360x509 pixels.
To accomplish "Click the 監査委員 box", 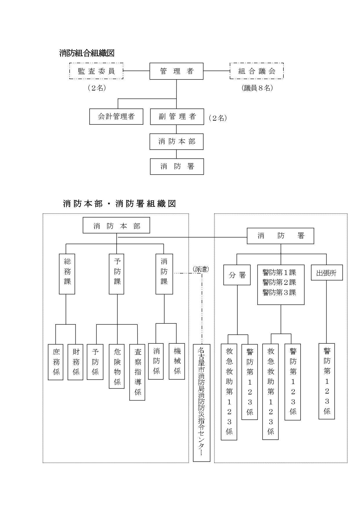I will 96,71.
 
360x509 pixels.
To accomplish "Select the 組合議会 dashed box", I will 256,71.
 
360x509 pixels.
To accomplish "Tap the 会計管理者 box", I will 116,117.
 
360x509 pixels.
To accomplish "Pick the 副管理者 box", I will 177,117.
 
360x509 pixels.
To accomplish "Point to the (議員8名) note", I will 257,88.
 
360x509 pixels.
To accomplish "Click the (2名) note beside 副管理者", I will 218,118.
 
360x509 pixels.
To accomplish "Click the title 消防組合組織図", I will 87,53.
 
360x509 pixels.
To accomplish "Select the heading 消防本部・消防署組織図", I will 120,204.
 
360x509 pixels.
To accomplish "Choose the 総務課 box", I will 67,274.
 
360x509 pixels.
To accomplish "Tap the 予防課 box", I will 117,274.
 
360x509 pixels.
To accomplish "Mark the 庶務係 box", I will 56,362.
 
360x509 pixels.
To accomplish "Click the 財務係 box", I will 75,362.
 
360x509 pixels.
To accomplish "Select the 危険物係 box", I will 117,366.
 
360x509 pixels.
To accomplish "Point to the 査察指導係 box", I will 137,372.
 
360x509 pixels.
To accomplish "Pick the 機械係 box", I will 177,361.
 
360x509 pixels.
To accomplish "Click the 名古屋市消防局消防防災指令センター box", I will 201,403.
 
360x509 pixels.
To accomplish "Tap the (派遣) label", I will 201,269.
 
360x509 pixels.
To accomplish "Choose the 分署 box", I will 237,275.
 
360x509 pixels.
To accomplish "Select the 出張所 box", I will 327,273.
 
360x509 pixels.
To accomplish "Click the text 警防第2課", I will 279,282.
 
